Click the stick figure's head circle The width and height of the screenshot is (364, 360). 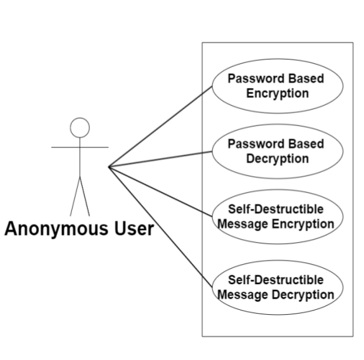pos(80,118)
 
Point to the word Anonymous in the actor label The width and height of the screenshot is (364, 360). pos(56,229)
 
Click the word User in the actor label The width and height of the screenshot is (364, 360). pos(134,229)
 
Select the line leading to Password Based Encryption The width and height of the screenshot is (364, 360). pos(160,127)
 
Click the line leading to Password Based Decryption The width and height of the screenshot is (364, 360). pos(160,159)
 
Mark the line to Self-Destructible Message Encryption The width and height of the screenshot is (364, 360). pos(160,192)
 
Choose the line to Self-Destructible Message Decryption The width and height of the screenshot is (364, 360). pos(160,227)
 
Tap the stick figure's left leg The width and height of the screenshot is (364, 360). pos(75,196)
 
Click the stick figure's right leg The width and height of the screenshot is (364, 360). pos(85,196)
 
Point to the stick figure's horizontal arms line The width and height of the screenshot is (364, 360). pos(80,147)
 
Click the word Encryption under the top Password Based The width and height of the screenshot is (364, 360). pos(278,93)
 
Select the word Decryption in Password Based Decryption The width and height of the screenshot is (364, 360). pos(278,159)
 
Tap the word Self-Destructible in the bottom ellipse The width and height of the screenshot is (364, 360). pos(276,280)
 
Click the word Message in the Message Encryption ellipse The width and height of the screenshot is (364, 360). pos(243,225)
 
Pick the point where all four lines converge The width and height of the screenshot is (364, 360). pos(109,167)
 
